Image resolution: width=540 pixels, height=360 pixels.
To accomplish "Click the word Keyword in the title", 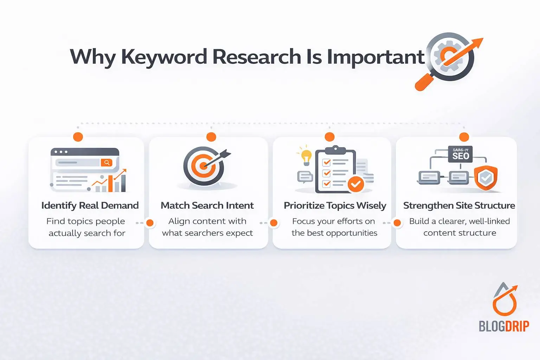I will click(x=164, y=57).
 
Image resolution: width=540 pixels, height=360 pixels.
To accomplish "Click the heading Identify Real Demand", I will click(x=90, y=205).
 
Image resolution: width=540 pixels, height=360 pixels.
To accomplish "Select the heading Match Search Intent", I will click(x=207, y=205).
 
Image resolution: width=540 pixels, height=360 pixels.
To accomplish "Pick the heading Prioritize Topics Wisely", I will click(x=335, y=205).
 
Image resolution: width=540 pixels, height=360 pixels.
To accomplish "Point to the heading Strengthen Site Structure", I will click(x=459, y=205).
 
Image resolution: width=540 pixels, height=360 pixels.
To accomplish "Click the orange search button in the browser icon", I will click(x=106, y=162).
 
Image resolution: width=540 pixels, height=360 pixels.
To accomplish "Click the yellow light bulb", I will click(x=306, y=157).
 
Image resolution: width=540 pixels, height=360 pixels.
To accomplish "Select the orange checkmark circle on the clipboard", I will click(x=356, y=184).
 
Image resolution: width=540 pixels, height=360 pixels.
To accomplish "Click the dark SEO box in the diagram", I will click(x=461, y=154).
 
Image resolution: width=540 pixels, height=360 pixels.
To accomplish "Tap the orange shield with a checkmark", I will click(x=486, y=178).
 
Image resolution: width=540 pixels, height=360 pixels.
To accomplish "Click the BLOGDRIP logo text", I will click(x=503, y=326).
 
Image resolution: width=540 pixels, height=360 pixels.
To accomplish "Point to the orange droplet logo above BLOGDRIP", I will click(x=505, y=301).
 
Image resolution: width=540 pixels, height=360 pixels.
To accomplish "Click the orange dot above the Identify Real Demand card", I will click(x=78, y=137).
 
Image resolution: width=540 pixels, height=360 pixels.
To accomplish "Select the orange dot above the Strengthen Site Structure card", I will click(x=464, y=137).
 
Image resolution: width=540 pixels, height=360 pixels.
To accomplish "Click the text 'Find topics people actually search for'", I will click(x=86, y=227).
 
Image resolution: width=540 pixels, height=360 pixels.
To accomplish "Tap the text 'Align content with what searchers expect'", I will click(x=207, y=227).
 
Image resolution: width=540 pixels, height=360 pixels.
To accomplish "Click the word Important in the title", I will click(x=375, y=57).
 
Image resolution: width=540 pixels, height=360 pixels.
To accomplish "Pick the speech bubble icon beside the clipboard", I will click(x=304, y=176).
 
